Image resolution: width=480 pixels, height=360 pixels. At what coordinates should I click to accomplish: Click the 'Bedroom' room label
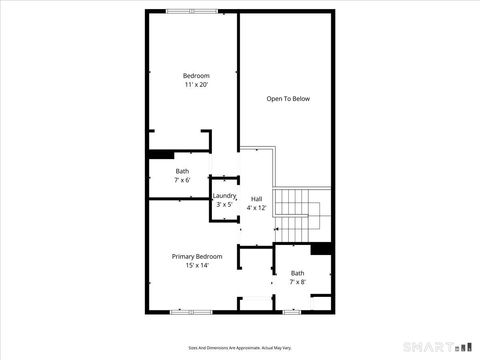[x=196, y=76]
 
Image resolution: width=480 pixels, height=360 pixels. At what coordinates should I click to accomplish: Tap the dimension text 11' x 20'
[x=196, y=86]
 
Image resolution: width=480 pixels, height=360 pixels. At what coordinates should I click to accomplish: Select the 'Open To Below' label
[x=287, y=99]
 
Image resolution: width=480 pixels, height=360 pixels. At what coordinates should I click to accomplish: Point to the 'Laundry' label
[x=223, y=195]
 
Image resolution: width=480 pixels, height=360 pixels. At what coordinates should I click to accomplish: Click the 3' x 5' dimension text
[x=224, y=204]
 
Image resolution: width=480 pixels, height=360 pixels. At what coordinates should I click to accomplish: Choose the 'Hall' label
[x=257, y=198]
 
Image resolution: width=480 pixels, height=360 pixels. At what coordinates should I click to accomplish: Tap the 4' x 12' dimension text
[x=257, y=207]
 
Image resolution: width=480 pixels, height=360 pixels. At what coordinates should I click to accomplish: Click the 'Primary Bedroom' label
[x=197, y=257]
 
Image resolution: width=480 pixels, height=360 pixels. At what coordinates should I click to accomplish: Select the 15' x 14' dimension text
[x=197, y=266]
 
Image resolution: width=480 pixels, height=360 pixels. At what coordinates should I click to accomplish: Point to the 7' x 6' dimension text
[x=181, y=180]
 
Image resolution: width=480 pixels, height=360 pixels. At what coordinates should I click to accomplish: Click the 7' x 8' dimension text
[x=297, y=282]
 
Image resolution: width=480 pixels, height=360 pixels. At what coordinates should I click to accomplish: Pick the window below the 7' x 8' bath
[x=292, y=313]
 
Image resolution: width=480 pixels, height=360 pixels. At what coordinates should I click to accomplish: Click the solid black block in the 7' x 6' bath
[x=160, y=154]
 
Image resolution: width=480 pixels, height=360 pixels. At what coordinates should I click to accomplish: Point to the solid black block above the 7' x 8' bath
[x=320, y=249]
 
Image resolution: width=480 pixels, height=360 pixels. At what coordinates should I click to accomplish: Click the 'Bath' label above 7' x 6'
[x=181, y=171]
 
